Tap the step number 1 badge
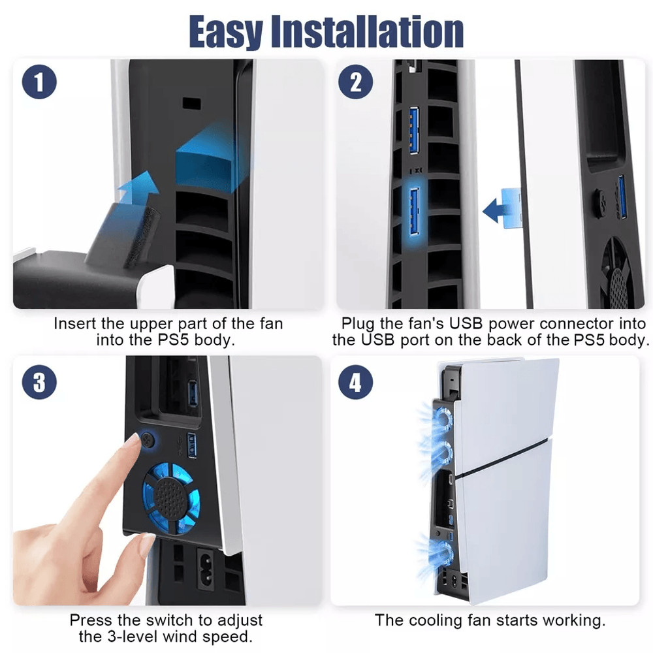(40, 83)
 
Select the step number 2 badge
(356, 83)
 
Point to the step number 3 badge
(40, 382)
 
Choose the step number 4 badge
(356, 382)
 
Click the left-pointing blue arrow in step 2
(502, 210)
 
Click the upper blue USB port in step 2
(413, 131)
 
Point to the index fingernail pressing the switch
(134, 440)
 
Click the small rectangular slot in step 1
(191, 103)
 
